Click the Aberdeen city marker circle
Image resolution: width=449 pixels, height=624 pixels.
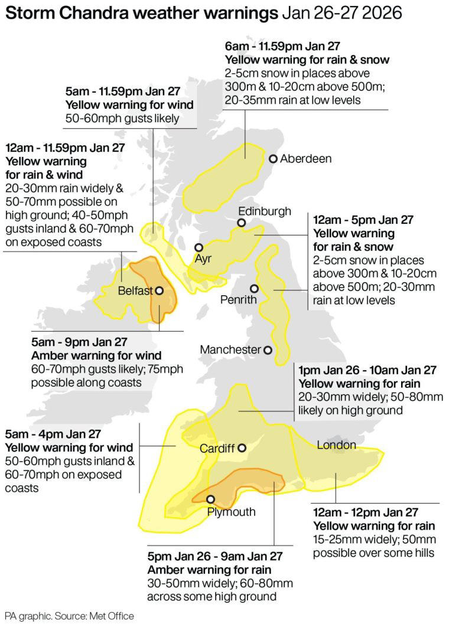pyautogui.click(x=274, y=159)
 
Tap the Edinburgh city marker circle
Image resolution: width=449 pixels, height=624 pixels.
pyautogui.click(x=241, y=223)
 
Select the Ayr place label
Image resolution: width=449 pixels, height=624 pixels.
pyautogui.click(x=203, y=259)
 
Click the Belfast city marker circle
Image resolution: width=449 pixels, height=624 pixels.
pyautogui.click(x=159, y=290)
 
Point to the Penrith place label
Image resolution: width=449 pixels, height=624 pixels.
pyautogui.click(x=239, y=300)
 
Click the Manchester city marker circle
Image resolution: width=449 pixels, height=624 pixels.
pyautogui.click(x=268, y=350)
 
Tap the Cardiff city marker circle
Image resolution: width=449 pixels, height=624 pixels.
pyautogui.click(x=241, y=447)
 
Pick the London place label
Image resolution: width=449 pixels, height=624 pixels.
pyautogui.click(x=336, y=445)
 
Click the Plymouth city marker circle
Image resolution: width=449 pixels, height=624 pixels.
pyautogui.click(x=210, y=499)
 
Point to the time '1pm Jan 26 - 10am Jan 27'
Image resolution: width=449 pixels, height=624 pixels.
pyautogui.click(x=367, y=370)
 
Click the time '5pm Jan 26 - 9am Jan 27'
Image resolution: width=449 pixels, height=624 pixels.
pyautogui.click(x=214, y=556)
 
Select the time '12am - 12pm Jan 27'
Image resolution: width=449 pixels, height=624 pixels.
pyautogui.click(x=365, y=512)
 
